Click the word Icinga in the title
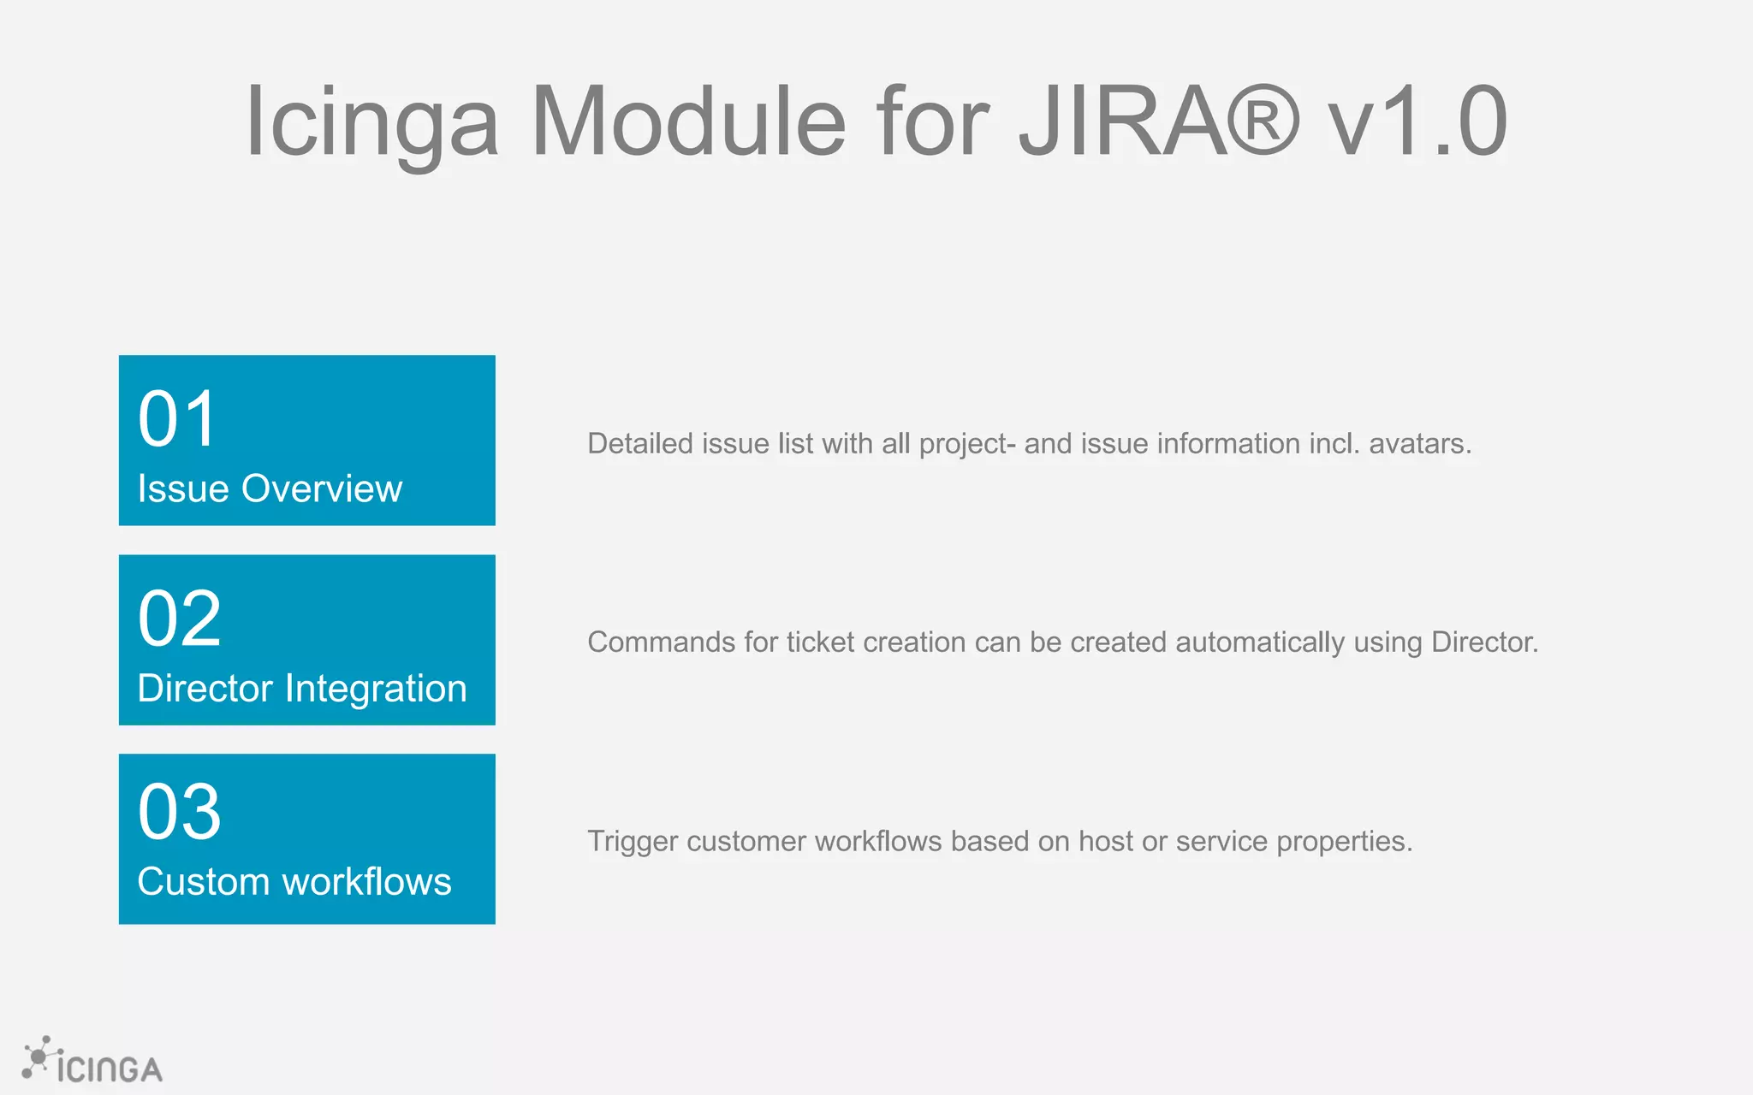click(x=371, y=121)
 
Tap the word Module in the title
click(x=688, y=121)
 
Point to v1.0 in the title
click(x=1417, y=121)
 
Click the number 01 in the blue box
click(x=177, y=419)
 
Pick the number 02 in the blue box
click(x=180, y=619)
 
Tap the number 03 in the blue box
click(x=180, y=812)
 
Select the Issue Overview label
click(x=270, y=489)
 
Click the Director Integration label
click(x=302, y=689)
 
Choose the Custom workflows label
click(x=294, y=882)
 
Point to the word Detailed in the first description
click(x=640, y=444)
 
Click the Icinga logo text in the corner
click(x=110, y=1069)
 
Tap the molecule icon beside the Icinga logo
click(x=39, y=1057)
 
